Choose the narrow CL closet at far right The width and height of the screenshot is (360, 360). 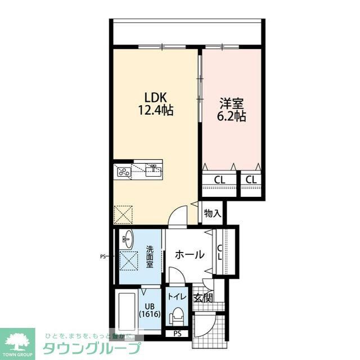click(251, 180)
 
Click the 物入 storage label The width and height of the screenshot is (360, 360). click(212, 214)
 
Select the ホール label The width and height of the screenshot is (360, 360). click(190, 255)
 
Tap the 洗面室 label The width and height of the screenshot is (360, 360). click(150, 256)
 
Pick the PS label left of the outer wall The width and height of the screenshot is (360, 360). click(103, 256)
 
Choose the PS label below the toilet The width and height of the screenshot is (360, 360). click(178, 334)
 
